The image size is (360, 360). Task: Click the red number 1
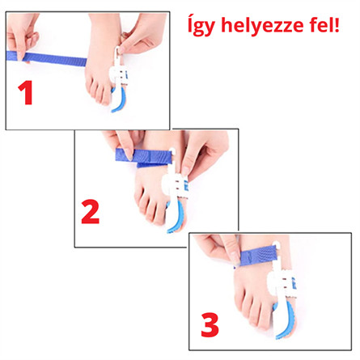(x=26, y=93)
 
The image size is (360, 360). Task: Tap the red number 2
(x=91, y=211)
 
